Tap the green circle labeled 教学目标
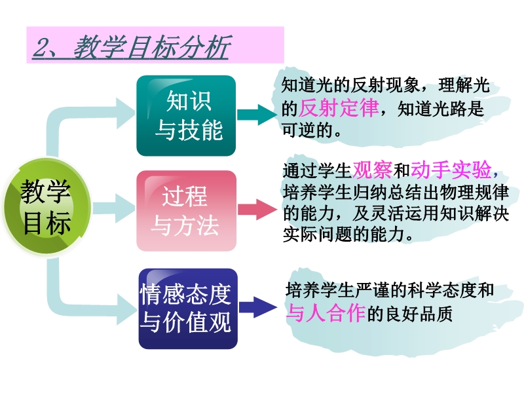coord(46,207)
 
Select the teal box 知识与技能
coord(186,116)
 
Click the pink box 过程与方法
coord(187,211)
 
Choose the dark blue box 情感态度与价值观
coord(188,309)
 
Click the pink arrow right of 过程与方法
coord(257,210)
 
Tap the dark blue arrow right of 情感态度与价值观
coord(258,307)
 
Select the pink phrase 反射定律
coord(339,107)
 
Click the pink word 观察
coord(372,170)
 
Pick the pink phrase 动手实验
coord(451,170)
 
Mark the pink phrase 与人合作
coord(326,313)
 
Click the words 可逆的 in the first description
coord(307,130)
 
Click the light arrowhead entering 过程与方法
coord(125,208)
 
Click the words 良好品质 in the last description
coord(419,314)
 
